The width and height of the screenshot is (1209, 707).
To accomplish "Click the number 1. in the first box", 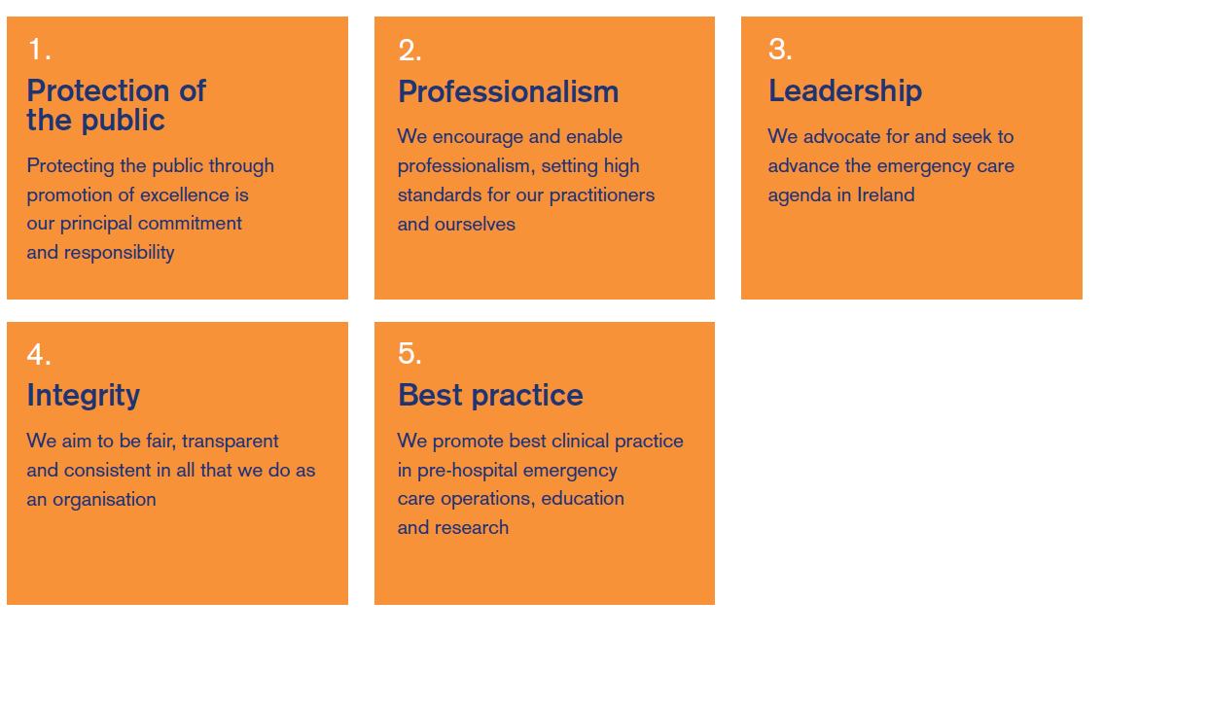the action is (x=40, y=50).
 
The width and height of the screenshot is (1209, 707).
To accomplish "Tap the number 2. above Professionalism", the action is (x=409, y=51).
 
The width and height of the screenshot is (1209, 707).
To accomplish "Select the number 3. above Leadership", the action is (x=780, y=50).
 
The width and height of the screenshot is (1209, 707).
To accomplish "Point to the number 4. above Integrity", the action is (x=39, y=355).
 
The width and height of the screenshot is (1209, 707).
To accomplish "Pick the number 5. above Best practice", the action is (x=409, y=354).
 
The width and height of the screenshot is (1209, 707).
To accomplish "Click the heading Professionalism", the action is (x=508, y=91).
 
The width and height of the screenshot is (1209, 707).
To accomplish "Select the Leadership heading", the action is (x=844, y=90).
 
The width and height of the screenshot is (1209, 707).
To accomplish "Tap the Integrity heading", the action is (x=83, y=396).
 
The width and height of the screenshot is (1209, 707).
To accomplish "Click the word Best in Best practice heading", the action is (x=430, y=395).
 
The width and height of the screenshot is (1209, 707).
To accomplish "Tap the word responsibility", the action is (x=120, y=253).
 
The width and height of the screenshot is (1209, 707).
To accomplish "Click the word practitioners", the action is (x=602, y=195).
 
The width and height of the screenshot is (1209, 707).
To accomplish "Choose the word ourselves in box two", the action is (x=475, y=225).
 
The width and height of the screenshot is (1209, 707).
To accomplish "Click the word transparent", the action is (x=230, y=442).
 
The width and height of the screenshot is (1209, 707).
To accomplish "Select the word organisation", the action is (x=104, y=500).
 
